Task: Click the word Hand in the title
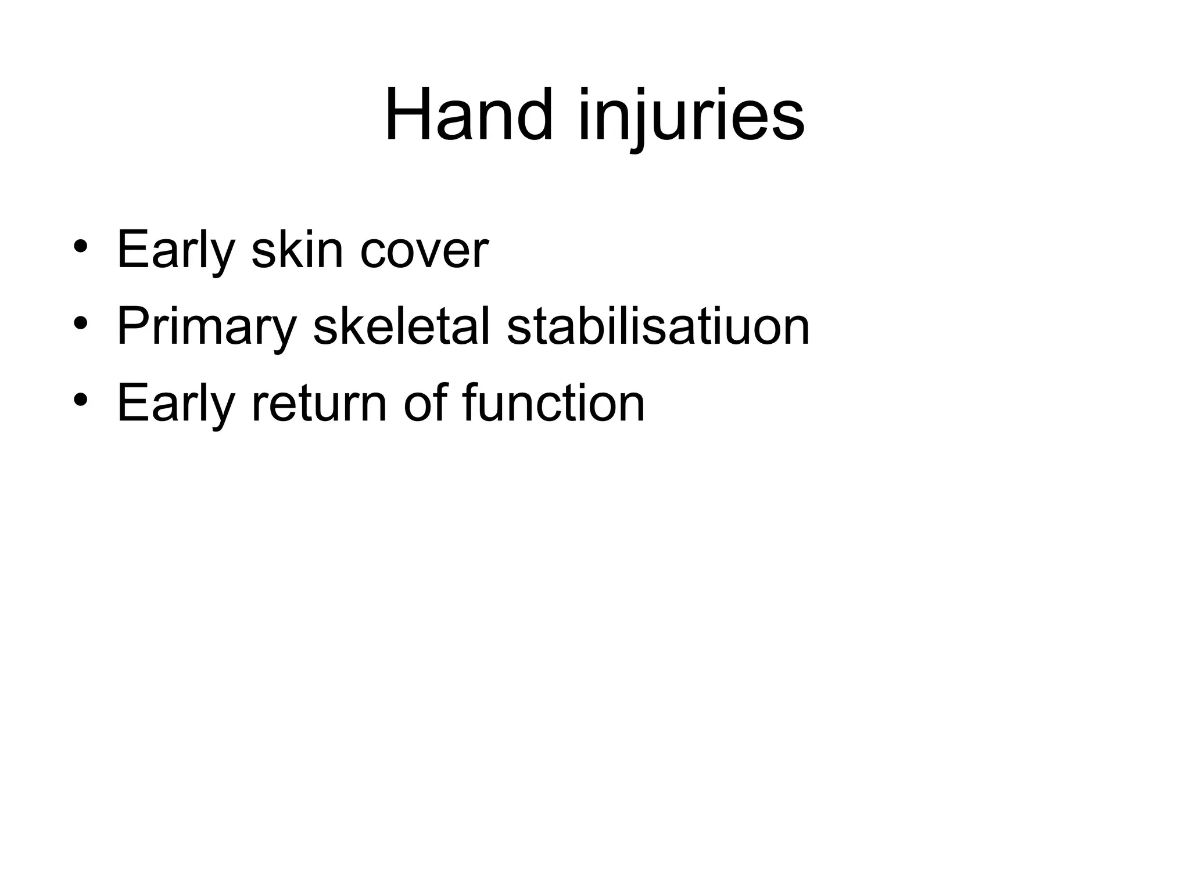pyautogui.click(x=468, y=115)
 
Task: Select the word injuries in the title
pyautogui.click(x=691, y=115)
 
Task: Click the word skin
pyautogui.click(x=297, y=250)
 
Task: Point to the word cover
pyautogui.click(x=424, y=250)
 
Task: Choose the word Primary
pyautogui.click(x=207, y=327)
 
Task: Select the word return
pyautogui.click(x=319, y=403)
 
